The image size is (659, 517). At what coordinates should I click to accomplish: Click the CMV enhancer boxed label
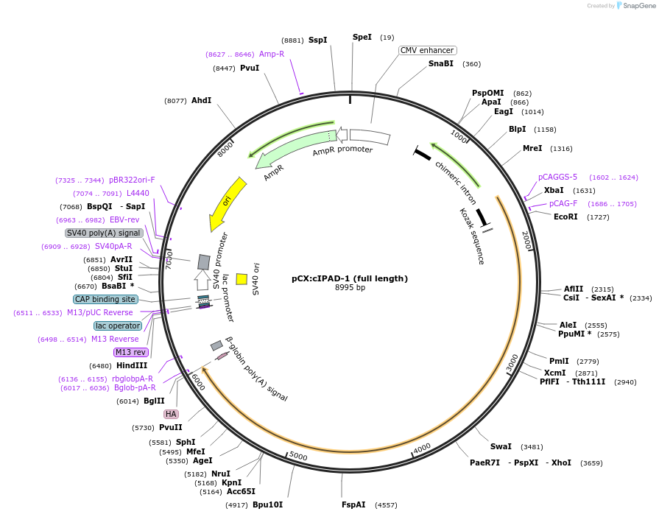point(427,50)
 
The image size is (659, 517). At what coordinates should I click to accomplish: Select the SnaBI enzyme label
point(441,64)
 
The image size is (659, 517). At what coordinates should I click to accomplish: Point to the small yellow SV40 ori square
point(241,279)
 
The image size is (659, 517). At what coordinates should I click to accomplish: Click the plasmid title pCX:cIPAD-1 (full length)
point(350,278)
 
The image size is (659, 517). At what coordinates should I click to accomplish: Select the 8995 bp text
point(350,288)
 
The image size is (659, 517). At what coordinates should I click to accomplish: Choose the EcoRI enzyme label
point(565,217)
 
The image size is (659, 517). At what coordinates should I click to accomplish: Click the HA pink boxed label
point(171,414)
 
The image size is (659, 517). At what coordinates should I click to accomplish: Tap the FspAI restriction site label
point(353,504)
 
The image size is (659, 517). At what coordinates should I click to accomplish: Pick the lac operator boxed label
point(118,326)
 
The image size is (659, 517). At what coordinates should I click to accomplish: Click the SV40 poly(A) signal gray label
point(104,233)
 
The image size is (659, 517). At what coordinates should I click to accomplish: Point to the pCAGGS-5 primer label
point(557,177)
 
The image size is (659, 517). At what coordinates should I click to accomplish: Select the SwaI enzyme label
point(501,446)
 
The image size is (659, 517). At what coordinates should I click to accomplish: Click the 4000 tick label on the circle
point(421,447)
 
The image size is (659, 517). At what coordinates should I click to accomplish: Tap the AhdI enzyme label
point(201,100)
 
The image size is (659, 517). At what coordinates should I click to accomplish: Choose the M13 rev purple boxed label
point(130,352)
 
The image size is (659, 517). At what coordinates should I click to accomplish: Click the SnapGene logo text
point(638,6)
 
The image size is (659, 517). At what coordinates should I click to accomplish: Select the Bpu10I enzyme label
point(267,504)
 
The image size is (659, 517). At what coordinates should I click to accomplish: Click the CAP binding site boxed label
point(105,299)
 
